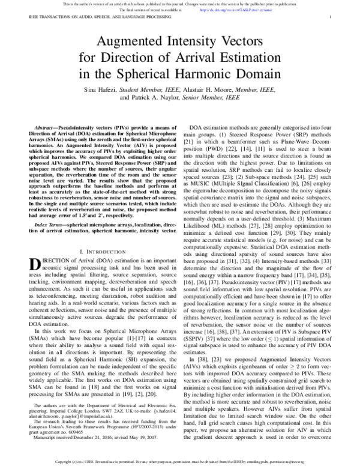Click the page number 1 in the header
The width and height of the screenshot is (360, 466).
(x=331, y=19)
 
